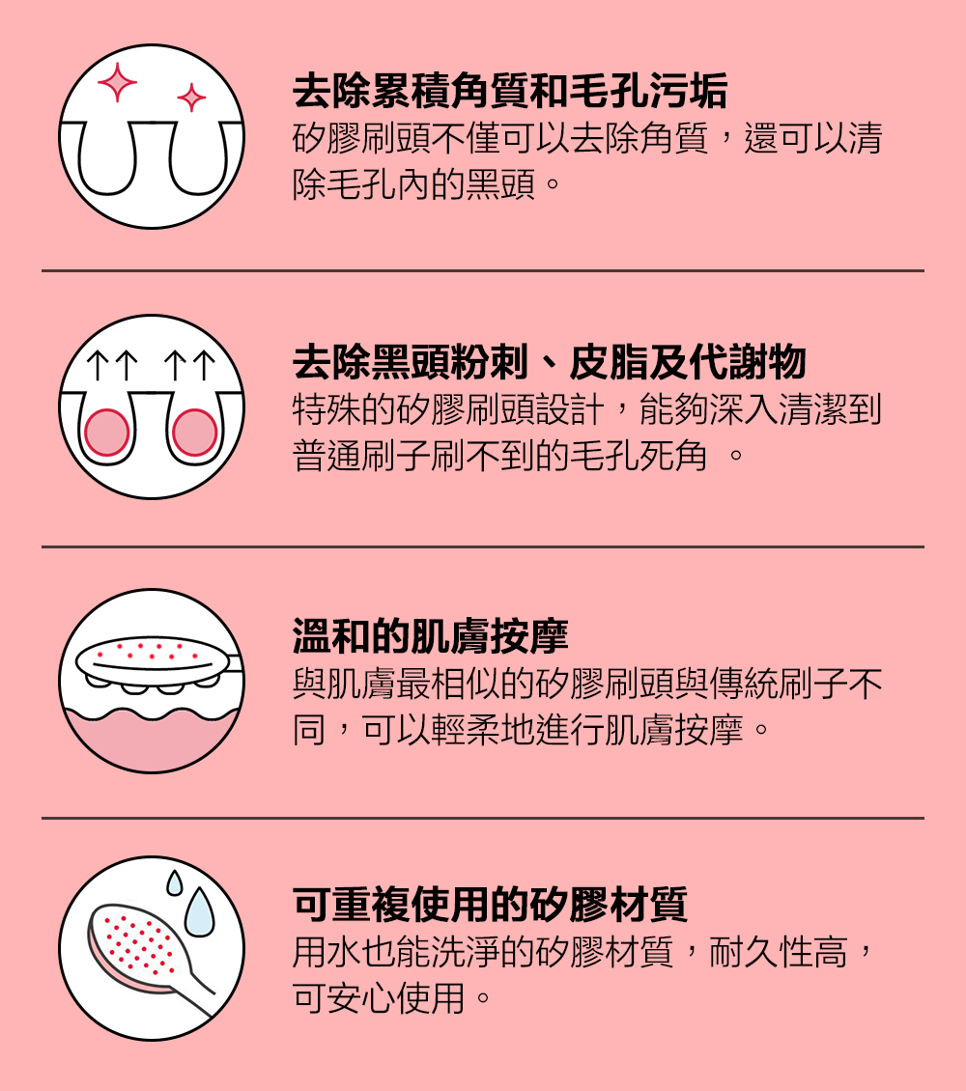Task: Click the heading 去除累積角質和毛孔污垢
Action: (510, 93)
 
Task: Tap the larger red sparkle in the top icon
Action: (117, 82)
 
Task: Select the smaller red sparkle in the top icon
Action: (191, 98)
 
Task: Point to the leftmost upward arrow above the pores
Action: (97, 366)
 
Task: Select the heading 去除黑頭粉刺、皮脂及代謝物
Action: (549, 363)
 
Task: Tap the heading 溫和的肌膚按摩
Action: (430, 636)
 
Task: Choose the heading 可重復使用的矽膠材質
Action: (490, 905)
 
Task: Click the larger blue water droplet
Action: (200, 912)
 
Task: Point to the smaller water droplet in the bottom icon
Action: (174, 882)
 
